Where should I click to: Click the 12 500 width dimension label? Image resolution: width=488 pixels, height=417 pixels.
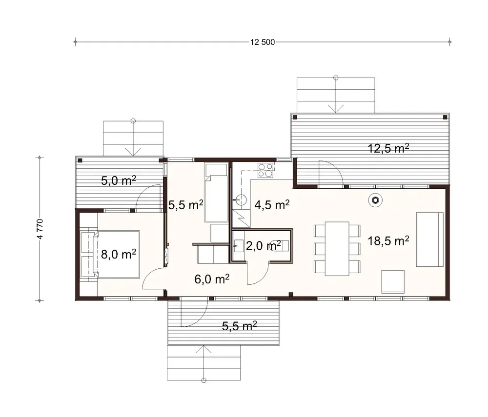pos(263,42)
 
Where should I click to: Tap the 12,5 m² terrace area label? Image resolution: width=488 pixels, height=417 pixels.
pos(388,149)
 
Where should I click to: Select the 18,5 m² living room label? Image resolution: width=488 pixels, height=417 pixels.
pos(388,240)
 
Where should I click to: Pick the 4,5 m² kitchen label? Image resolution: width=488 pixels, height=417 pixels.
pos(272,204)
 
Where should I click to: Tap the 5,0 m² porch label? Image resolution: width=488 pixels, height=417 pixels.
pos(118,180)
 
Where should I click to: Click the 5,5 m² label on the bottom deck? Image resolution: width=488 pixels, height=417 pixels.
pos(239,326)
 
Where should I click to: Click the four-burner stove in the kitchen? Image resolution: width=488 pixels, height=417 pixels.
pos(266,170)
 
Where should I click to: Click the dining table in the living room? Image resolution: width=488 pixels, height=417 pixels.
pos(337,247)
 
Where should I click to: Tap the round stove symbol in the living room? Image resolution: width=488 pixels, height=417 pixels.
pos(375,199)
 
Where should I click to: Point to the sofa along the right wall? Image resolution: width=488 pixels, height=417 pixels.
pos(429,239)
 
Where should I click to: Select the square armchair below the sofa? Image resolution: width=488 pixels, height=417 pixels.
pos(393,281)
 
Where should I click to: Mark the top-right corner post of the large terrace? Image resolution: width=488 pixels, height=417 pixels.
pos(445,117)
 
